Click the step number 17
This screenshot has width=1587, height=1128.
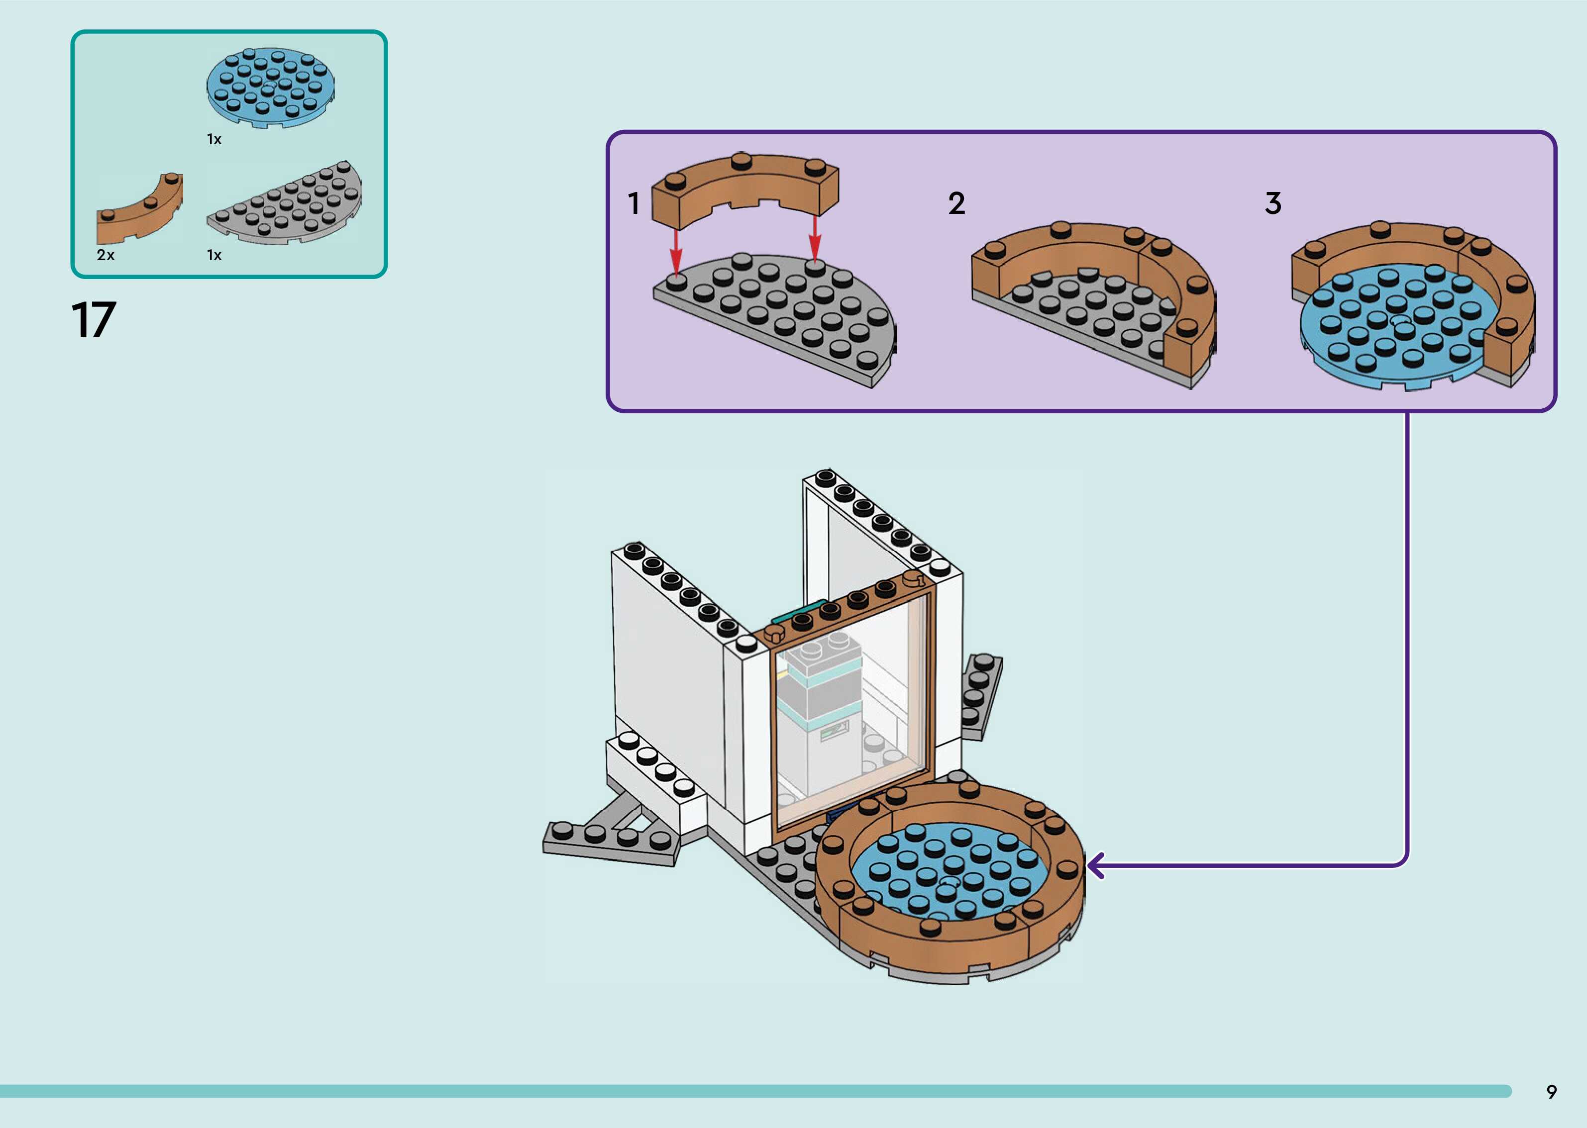point(94,321)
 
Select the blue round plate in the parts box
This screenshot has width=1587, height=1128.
point(270,89)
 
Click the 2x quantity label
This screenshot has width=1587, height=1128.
point(106,255)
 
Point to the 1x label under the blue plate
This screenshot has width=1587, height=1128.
point(214,140)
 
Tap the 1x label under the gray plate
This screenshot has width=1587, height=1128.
point(214,255)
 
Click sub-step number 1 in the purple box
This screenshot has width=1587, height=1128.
point(633,203)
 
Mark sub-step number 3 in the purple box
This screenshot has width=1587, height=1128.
point(1272,203)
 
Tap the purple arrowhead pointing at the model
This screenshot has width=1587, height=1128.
point(1096,866)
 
